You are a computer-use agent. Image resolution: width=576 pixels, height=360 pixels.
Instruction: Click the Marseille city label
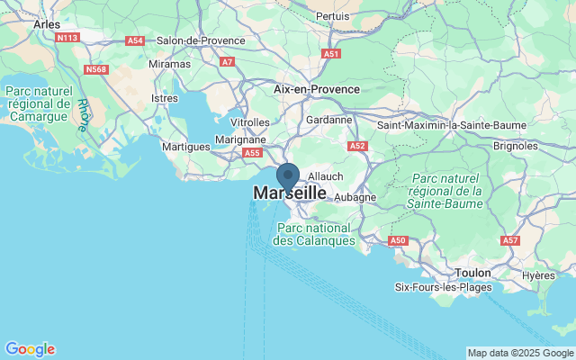tap(290, 193)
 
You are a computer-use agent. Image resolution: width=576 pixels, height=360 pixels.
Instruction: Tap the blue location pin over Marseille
tap(287, 174)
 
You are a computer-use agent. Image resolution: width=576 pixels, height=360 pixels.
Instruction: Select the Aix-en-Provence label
tap(316, 89)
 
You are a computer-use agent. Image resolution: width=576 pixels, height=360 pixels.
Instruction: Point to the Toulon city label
tap(472, 271)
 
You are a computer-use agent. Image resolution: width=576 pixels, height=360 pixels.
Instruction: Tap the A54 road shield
tap(135, 40)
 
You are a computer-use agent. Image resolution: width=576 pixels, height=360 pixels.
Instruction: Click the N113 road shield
tap(67, 38)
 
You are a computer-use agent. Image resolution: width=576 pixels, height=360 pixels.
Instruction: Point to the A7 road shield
tap(227, 62)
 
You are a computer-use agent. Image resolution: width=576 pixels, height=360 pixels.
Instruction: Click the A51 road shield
tap(332, 54)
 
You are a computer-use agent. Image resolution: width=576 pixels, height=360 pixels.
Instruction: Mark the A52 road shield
tap(357, 146)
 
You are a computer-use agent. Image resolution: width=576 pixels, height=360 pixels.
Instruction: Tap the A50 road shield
tap(398, 240)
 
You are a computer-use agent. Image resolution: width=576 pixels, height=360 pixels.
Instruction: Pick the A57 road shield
tap(511, 240)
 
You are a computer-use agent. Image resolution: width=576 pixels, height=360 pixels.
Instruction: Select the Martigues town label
tap(184, 146)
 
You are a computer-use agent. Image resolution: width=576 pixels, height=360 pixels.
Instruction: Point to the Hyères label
tap(538, 275)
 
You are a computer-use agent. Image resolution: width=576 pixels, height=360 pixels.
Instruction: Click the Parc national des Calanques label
tap(314, 234)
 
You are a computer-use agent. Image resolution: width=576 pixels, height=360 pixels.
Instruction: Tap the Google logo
tap(30, 349)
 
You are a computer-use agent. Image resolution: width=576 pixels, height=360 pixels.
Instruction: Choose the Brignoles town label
tap(517, 145)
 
